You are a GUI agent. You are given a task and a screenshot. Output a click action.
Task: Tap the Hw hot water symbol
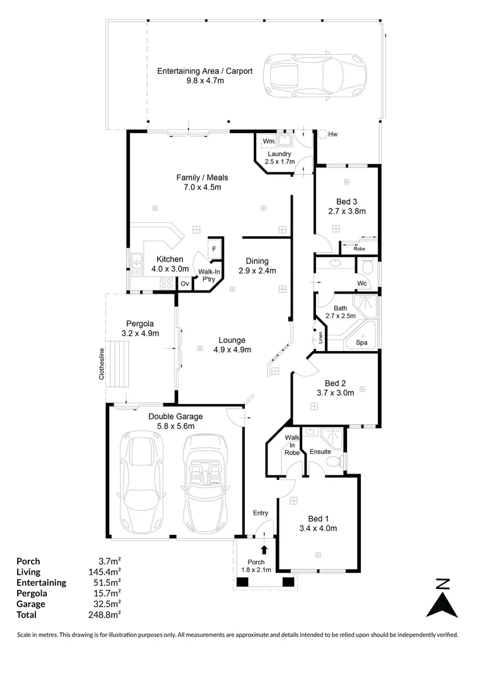pyautogui.click(x=323, y=134)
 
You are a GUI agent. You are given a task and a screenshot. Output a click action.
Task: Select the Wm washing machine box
pyautogui.click(x=267, y=141)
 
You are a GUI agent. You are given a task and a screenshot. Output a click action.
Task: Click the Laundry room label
pyautogui.click(x=279, y=153)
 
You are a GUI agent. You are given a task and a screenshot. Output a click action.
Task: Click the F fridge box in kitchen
pyautogui.click(x=214, y=249)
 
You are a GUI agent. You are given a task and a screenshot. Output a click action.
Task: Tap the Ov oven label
pyautogui.click(x=185, y=284)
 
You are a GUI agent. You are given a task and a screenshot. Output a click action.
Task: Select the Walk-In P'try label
pyautogui.click(x=208, y=274)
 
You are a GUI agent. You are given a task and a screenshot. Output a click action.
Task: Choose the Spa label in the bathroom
pyautogui.click(x=362, y=343)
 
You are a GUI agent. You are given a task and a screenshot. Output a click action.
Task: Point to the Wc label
pyautogui.click(x=361, y=282)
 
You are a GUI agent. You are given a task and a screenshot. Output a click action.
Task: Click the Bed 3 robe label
pyautogui.click(x=359, y=248)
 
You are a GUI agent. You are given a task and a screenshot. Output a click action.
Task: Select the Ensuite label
pyautogui.click(x=320, y=452)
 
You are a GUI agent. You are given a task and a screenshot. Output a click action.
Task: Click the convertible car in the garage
pyautogui.click(x=205, y=481)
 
